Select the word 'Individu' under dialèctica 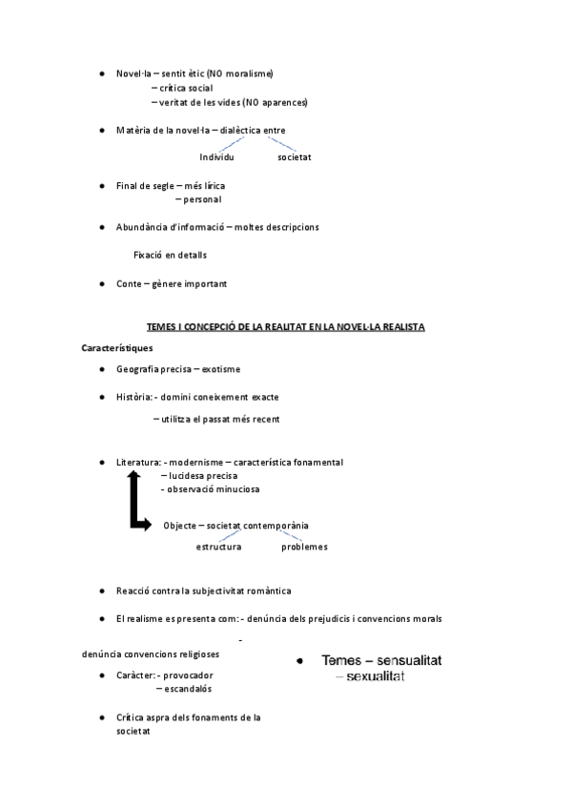point(216,156)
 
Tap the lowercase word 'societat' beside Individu point(295,156)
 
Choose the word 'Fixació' point(150,255)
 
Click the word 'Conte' point(129,283)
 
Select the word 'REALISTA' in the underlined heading point(400,327)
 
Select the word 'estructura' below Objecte point(218,547)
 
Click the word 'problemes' point(304,547)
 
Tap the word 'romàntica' point(270,591)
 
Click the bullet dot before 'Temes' point(299,660)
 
